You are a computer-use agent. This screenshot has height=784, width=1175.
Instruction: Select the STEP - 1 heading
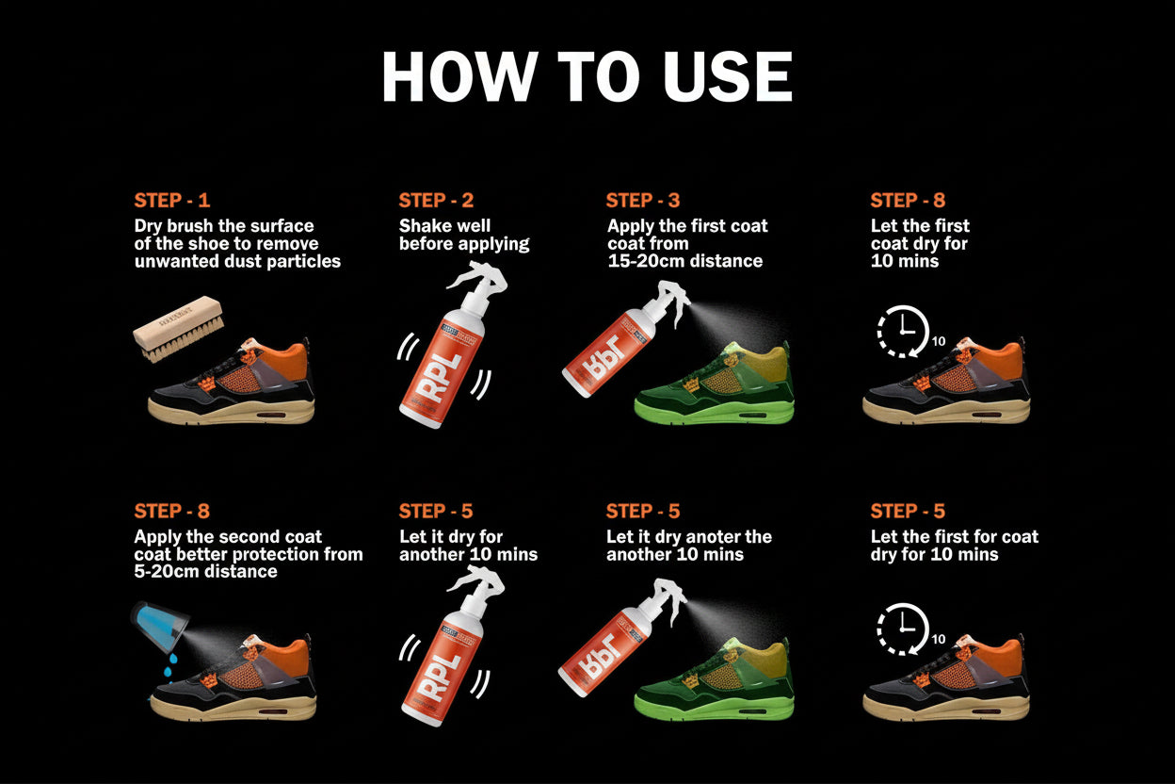172,201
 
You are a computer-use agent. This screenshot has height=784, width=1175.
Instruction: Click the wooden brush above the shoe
180,326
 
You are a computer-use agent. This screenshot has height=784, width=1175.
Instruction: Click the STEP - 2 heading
436,201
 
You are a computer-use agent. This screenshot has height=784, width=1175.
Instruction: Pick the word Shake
425,226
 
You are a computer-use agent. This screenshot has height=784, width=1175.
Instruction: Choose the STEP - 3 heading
643,201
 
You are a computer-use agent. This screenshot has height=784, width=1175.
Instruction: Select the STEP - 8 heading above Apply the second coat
172,512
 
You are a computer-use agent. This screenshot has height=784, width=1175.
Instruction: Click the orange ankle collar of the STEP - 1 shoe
283,362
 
